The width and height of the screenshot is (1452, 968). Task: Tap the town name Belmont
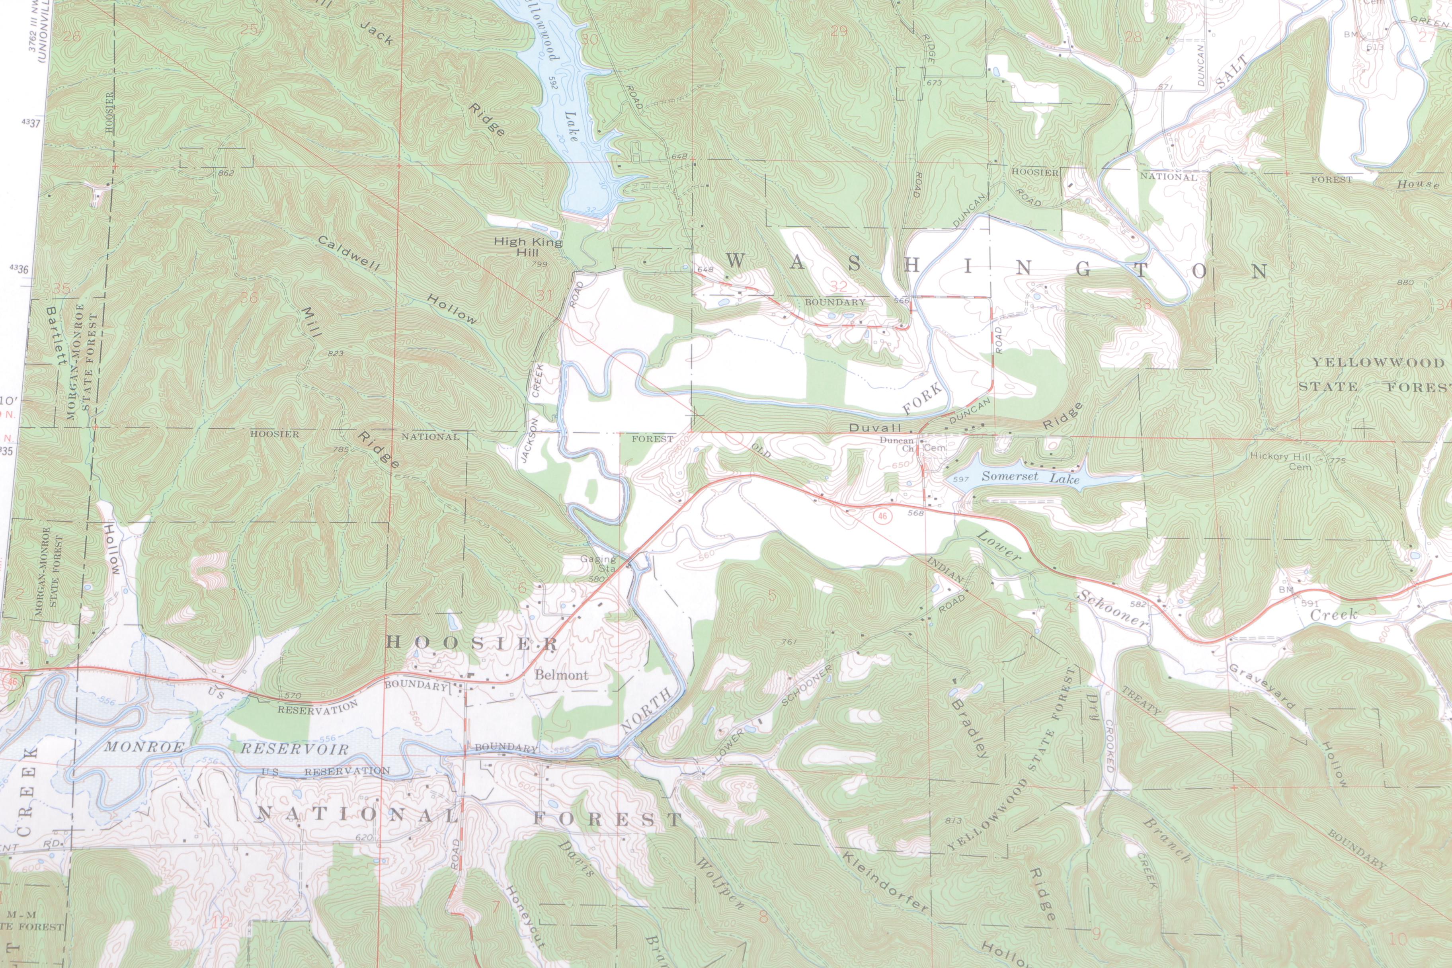(x=561, y=675)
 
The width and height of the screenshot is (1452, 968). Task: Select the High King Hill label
(x=529, y=247)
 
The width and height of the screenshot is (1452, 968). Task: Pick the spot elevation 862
(x=226, y=173)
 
